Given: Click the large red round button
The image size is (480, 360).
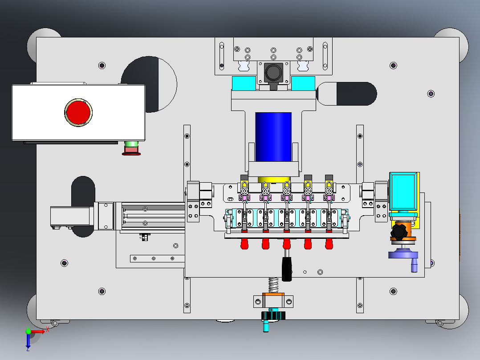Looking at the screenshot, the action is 78,112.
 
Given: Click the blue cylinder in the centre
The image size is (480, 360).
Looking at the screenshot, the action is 273,137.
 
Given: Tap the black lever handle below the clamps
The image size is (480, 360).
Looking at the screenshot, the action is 287,269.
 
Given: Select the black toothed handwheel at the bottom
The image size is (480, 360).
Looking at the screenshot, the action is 273,315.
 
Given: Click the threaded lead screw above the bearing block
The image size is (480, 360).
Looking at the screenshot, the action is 273,285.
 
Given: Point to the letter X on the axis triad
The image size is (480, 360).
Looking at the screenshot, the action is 48,330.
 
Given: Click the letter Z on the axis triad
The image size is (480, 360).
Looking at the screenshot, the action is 28,349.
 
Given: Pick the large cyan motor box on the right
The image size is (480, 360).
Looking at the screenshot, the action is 403,192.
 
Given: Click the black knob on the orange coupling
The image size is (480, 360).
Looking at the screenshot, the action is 399,231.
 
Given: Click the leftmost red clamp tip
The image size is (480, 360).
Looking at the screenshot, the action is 244,244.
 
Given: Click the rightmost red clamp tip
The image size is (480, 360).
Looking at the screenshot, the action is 329,244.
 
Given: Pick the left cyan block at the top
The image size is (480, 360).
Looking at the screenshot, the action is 244,83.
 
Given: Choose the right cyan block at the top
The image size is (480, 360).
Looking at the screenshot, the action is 303,83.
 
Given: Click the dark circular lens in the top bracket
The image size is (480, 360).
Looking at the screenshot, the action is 273,73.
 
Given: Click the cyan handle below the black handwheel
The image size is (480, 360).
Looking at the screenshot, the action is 266,326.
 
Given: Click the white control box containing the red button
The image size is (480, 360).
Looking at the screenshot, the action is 78,112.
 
